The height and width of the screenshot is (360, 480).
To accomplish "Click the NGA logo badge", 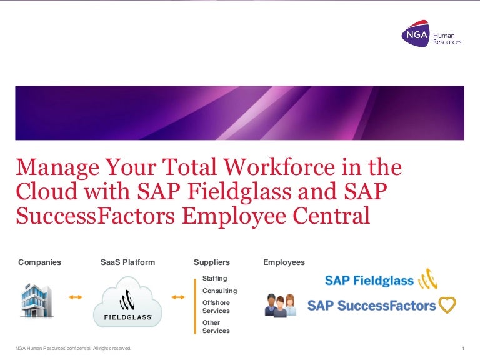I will [416, 36].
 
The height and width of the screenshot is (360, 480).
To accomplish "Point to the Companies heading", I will [40, 262].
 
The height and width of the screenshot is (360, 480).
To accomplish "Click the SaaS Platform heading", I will [127, 262].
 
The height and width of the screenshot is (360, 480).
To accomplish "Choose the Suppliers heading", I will [212, 262].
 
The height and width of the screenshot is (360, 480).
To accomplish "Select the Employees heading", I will [284, 262].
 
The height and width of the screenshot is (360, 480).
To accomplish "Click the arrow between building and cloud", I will [75, 297].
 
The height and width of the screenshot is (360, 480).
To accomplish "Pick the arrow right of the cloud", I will [178, 297].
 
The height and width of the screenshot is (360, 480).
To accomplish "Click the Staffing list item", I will [215, 279].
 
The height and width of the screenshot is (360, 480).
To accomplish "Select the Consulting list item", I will [219, 291].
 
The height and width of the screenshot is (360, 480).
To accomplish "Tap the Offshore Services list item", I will [216, 306].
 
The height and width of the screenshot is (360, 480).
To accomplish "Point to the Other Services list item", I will [216, 327].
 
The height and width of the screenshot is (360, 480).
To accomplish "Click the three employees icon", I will [280, 305].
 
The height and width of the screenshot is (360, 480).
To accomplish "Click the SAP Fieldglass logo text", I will [369, 281].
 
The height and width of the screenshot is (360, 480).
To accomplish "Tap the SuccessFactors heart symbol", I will [447, 306].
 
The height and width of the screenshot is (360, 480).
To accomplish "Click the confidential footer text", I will [73, 348].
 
